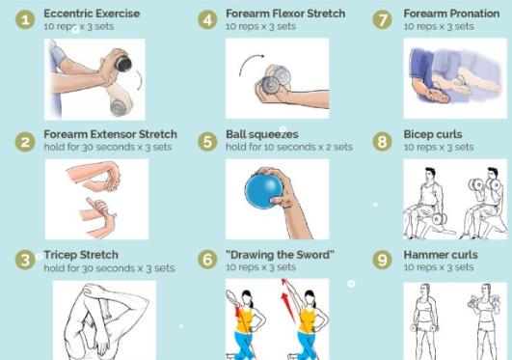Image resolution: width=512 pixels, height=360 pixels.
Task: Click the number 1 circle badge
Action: pos(25,19)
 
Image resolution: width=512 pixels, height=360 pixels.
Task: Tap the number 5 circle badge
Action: pos(207,142)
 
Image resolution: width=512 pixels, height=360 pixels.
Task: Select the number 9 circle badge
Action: pos(382,260)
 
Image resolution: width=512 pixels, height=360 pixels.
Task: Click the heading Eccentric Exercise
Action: pos(92,14)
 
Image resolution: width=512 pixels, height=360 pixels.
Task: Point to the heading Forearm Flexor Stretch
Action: pos(285,14)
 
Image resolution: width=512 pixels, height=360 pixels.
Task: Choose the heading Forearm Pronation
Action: pos(451,14)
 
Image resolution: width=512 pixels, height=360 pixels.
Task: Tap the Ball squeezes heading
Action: pos(262,134)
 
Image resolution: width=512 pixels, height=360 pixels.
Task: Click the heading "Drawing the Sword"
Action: pos(280,255)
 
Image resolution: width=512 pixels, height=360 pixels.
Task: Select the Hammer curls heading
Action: pos(441,255)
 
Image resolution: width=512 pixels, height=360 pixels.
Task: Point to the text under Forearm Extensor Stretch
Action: pos(108,147)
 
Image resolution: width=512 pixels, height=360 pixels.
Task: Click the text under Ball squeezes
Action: pos(289,147)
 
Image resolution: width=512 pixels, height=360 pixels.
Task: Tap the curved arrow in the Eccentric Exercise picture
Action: pos(140,80)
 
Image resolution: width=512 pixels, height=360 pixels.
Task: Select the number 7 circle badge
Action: pos(382,19)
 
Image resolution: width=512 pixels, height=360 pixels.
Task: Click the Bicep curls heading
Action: pos(433,134)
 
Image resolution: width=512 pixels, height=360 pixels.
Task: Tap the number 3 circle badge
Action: pos(25,260)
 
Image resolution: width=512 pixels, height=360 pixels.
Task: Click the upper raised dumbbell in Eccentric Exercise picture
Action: pos(123,64)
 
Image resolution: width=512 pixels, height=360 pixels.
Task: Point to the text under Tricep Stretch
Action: pos(109,268)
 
